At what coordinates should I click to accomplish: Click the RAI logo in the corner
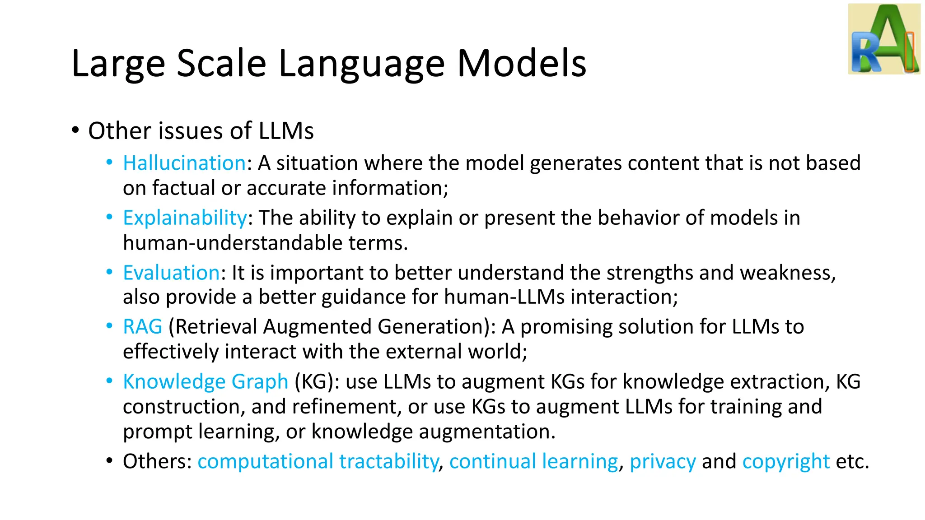pos(884,39)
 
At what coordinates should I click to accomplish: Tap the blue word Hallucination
pos(184,163)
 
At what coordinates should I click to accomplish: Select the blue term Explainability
pos(185,218)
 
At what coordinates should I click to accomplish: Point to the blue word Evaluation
pos(172,273)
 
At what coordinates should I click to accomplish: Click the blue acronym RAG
pos(142,327)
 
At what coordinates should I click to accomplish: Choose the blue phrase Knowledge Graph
pos(206,382)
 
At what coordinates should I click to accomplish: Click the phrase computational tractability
pos(318,461)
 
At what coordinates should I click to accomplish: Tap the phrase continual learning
pos(533,461)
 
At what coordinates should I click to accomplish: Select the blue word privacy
pos(663,462)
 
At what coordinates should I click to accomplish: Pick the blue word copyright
pos(786,462)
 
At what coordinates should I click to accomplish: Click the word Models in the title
pos(521,64)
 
